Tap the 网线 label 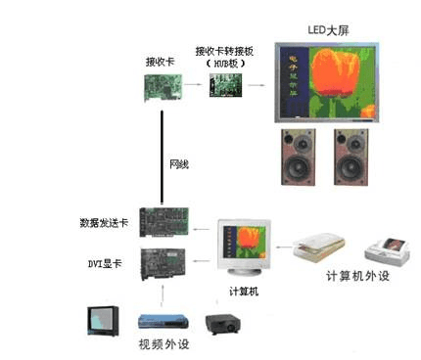click(x=178, y=165)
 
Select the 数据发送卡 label click(x=104, y=224)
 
